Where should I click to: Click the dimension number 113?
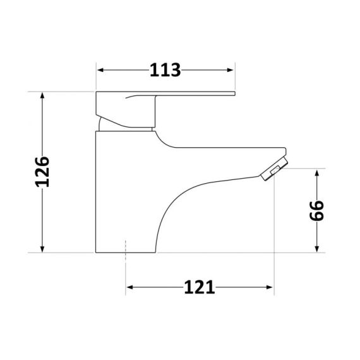(165, 69)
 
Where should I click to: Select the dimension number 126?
(42, 172)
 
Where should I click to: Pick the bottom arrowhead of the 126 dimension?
(42, 248)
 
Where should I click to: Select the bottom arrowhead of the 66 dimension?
(316, 248)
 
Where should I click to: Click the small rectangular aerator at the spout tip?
(273, 172)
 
